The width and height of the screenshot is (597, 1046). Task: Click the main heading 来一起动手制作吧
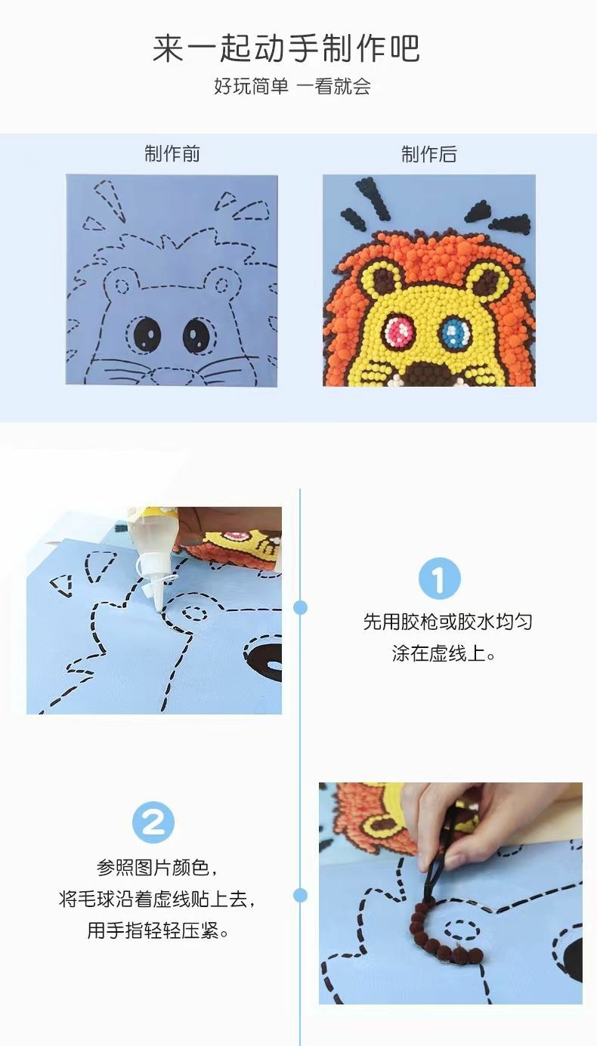coord(286,49)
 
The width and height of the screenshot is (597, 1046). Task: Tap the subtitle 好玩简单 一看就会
coord(292,86)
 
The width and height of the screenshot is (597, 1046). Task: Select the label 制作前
coord(172,154)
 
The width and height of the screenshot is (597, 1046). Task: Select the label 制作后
coord(428,154)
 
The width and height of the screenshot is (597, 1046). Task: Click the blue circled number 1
coord(439,579)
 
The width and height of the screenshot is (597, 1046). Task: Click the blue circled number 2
coord(153,822)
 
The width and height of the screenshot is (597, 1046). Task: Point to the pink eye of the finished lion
coord(396,331)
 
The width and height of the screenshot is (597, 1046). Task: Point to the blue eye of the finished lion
coord(454,329)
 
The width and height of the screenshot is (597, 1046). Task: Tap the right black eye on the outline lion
coord(196,332)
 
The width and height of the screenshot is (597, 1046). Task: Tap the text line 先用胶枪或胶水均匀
coord(447,622)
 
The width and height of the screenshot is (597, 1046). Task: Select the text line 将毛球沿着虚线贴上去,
coord(162,899)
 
